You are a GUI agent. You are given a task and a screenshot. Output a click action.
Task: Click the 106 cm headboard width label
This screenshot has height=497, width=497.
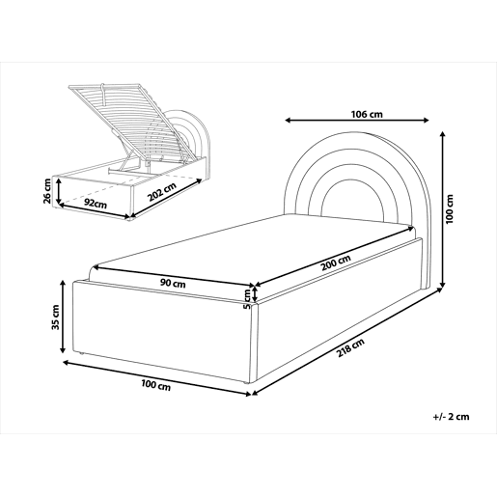pyautogui.click(x=367, y=114)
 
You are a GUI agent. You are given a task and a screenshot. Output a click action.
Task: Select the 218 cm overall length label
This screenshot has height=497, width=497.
pyautogui.click(x=350, y=348)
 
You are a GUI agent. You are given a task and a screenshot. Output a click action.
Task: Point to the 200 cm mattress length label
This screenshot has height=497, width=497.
pyautogui.click(x=336, y=262)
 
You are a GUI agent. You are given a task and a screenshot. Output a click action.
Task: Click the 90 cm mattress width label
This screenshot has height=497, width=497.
pyautogui.click(x=173, y=284)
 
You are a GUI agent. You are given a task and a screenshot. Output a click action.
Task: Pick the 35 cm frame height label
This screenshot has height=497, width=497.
pyautogui.click(x=55, y=317)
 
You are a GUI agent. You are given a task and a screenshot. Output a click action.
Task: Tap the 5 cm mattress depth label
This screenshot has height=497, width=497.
pyautogui.click(x=247, y=299)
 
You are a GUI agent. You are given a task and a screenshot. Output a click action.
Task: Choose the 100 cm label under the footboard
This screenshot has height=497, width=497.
pyautogui.click(x=156, y=385)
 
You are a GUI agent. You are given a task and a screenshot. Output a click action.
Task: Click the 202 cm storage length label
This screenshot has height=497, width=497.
pyautogui.click(x=162, y=192)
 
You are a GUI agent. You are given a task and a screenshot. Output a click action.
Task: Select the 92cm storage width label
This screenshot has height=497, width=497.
pyautogui.click(x=96, y=203)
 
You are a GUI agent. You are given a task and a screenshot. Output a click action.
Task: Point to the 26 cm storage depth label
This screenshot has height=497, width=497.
pyautogui.click(x=47, y=191)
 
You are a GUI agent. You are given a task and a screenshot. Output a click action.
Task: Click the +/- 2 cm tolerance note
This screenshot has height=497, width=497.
pyautogui.click(x=451, y=417)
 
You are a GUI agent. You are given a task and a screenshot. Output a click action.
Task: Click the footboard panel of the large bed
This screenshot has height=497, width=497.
pyautogui.click(x=164, y=332)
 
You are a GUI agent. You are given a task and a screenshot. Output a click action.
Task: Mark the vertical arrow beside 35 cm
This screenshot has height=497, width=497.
pyautogui.click(x=63, y=317)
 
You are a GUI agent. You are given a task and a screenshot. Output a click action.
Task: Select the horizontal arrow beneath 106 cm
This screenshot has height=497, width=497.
pyautogui.click(x=357, y=121)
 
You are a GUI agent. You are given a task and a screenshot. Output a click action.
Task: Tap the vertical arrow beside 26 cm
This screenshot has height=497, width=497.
pyautogui.click(x=59, y=191)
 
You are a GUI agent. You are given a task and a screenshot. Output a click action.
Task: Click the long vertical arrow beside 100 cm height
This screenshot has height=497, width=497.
pyautogui.click(x=443, y=209)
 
